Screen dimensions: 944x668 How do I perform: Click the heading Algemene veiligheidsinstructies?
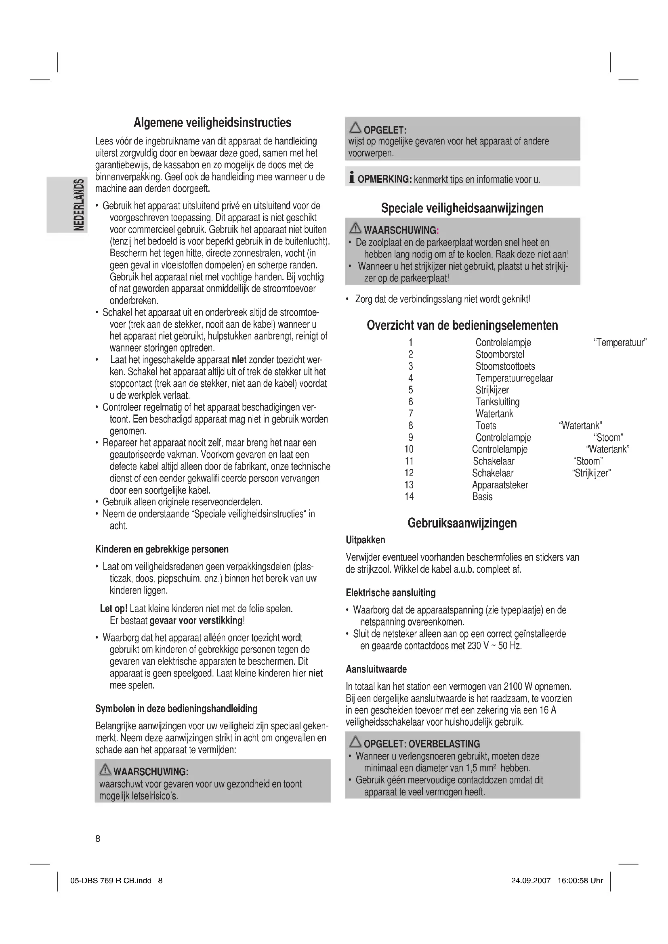point(212,123)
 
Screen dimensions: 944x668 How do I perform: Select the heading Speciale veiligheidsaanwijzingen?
point(462,208)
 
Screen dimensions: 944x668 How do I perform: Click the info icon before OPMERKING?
point(351,178)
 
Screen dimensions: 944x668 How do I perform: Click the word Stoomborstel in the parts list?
point(500,354)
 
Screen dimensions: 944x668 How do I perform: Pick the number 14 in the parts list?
point(409,497)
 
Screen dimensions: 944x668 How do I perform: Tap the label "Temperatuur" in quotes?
point(620,343)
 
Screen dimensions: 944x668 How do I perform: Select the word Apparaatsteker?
point(500,485)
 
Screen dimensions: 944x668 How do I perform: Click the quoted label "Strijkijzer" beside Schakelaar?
point(592,473)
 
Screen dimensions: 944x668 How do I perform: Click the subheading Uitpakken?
point(365,540)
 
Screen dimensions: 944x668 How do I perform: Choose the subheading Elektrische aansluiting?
point(391,592)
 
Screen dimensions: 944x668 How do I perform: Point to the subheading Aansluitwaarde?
point(376,669)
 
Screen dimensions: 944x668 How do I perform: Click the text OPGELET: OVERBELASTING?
point(422,744)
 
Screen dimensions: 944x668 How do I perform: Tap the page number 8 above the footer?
point(98,839)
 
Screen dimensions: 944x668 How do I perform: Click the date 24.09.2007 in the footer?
point(531,880)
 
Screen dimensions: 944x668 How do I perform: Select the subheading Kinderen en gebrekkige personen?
point(162,549)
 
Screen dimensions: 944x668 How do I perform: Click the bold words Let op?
point(113,609)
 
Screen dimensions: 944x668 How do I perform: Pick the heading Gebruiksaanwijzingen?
point(462,523)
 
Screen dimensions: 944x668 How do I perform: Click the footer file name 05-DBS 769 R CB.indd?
point(111,880)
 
